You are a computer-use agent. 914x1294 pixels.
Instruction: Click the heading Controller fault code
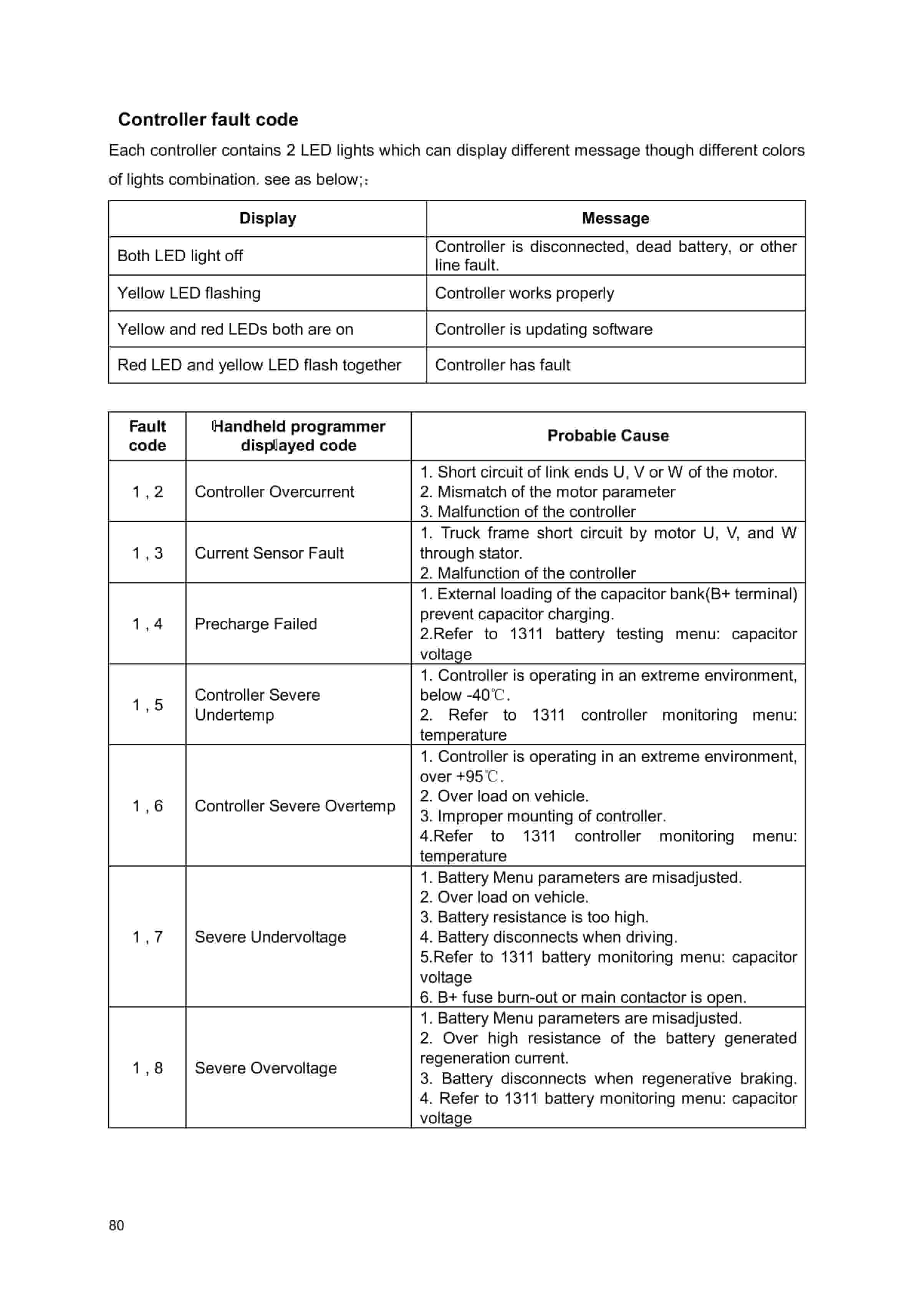pos(208,119)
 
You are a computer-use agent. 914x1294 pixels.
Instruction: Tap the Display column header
pos(267,218)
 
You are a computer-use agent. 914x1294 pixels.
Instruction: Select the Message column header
pos(615,218)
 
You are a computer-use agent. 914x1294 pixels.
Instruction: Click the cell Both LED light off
pos(180,256)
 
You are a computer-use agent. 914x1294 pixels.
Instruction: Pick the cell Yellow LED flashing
pos(189,293)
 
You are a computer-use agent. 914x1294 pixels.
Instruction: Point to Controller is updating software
pos(543,329)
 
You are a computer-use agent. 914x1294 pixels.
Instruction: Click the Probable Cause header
pos(608,436)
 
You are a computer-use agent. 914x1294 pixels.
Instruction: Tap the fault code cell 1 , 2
pos(147,491)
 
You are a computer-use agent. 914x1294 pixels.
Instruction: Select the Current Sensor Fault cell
pos(269,553)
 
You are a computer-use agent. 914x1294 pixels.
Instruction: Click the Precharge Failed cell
pos(256,624)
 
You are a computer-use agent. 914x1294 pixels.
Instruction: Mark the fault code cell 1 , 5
pos(147,705)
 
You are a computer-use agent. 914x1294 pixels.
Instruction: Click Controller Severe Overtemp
pos(295,806)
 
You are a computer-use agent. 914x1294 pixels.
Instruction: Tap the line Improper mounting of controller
pos(543,816)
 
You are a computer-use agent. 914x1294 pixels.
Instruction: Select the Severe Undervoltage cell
pos(270,937)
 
